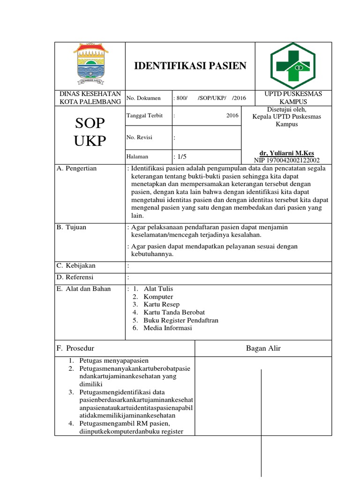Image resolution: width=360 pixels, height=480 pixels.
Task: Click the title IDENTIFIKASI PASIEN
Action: [190, 66]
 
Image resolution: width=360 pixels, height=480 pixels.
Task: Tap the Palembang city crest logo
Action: [90, 65]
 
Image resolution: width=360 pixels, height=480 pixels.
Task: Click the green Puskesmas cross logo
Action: [293, 66]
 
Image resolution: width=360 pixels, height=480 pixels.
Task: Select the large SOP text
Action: [90, 124]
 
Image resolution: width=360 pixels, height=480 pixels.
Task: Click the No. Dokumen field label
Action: [143, 98]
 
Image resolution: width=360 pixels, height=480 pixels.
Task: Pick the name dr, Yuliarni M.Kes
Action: [286, 153]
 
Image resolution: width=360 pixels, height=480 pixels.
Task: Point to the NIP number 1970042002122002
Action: [286, 160]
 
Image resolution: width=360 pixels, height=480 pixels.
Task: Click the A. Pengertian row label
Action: [77, 168]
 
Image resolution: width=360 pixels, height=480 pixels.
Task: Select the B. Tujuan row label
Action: [72, 227]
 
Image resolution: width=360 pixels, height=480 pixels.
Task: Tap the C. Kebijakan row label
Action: [76, 266]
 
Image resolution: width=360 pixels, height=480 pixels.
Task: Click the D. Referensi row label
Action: [75, 277]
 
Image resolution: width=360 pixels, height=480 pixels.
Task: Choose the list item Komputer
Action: [158, 297]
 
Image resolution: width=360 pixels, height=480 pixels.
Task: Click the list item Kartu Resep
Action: [162, 305]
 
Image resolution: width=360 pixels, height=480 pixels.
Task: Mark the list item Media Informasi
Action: [168, 328]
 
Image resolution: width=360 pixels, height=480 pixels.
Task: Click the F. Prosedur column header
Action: [75, 348]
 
